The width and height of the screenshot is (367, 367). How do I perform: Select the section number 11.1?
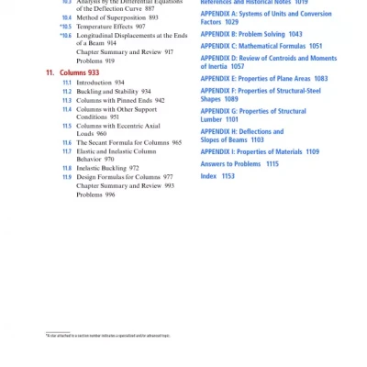(x=67, y=83)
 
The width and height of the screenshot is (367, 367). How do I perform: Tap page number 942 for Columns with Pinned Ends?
(x=160, y=100)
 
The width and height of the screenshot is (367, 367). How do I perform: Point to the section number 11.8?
(x=67, y=168)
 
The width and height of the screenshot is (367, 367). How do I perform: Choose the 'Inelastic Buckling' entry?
(x=101, y=168)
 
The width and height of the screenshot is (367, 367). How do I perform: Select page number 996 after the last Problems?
(x=109, y=195)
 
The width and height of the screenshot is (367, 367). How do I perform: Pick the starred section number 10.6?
(x=66, y=35)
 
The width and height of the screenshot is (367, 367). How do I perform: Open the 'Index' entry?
(x=208, y=175)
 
